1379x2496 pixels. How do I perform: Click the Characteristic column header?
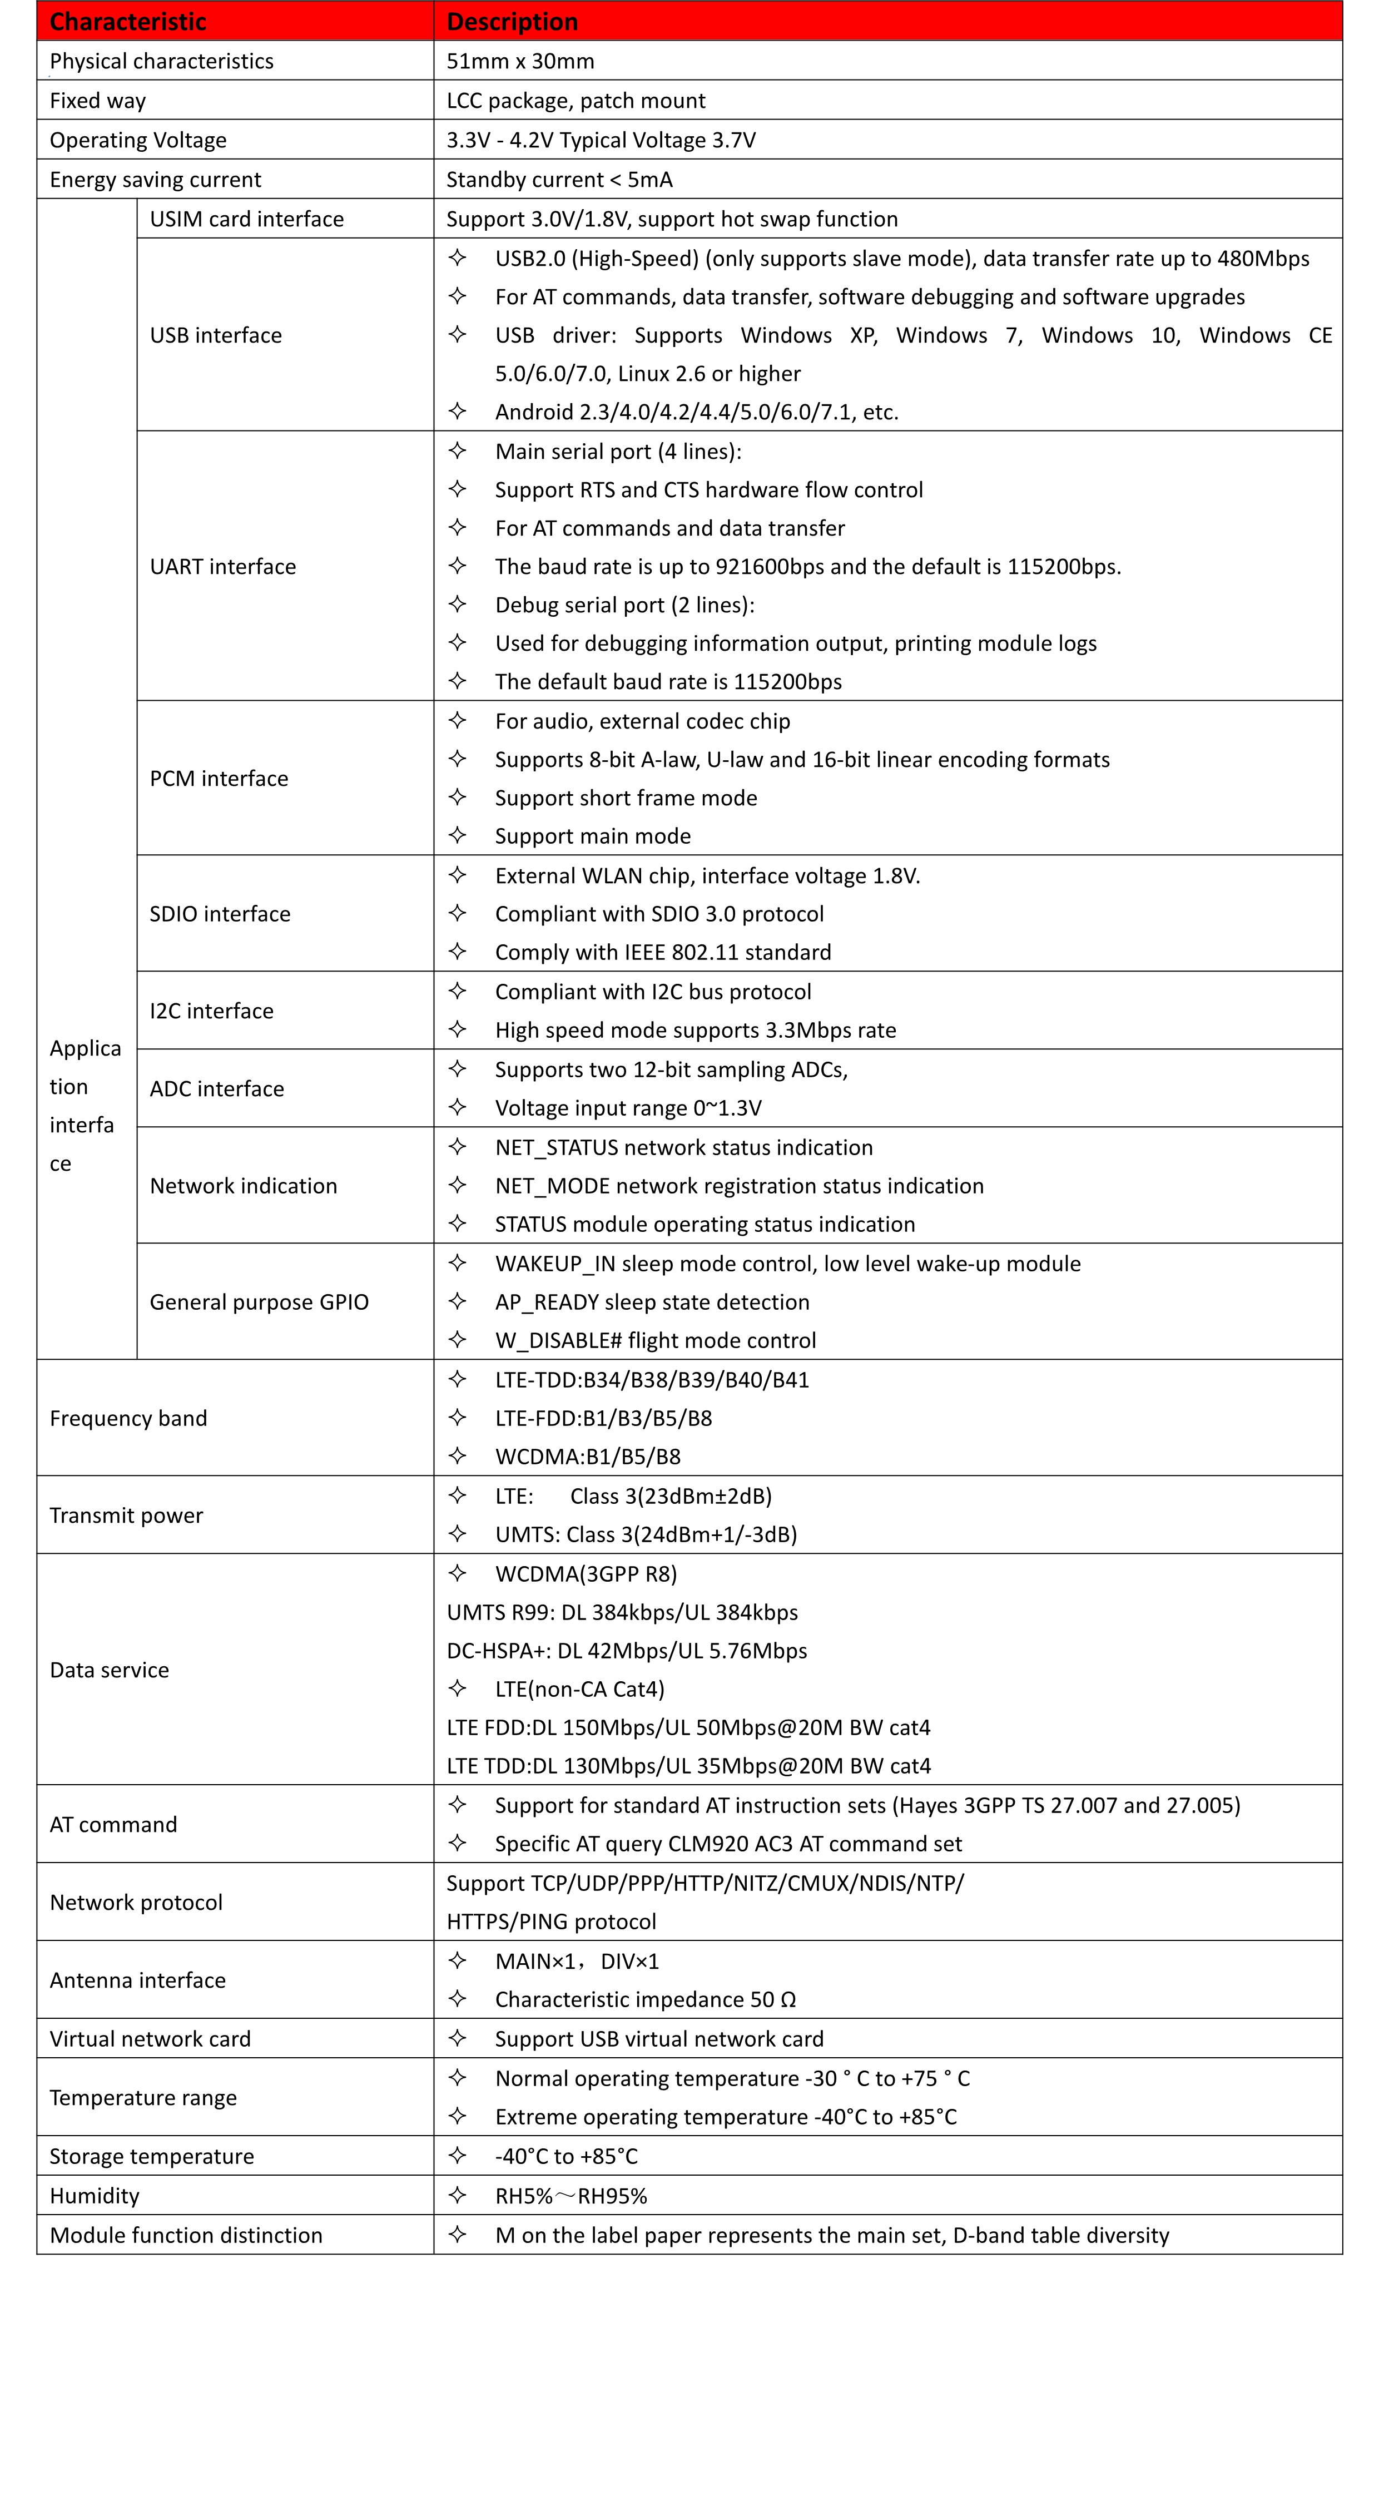tap(128, 21)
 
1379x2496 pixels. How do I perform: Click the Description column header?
tap(512, 21)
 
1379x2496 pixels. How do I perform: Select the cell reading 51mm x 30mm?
tap(520, 61)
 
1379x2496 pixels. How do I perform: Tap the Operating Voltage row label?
tap(137, 141)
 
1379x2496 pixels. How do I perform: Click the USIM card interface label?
tap(246, 219)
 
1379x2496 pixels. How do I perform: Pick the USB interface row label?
tap(215, 335)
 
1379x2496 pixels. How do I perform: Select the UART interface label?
tap(223, 567)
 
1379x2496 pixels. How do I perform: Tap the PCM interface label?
tap(219, 779)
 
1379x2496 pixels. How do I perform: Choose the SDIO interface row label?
tap(220, 914)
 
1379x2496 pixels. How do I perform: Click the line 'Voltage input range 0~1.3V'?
tap(628, 1108)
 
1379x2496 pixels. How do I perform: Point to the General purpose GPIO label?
tap(259, 1303)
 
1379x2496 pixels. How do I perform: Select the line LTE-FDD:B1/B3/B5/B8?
tap(603, 1419)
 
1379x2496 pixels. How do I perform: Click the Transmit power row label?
tap(126, 1516)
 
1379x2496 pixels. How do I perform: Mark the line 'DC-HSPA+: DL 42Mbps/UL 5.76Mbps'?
tap(626, 1651)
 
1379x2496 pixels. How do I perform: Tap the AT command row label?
tap(113, 1825)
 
